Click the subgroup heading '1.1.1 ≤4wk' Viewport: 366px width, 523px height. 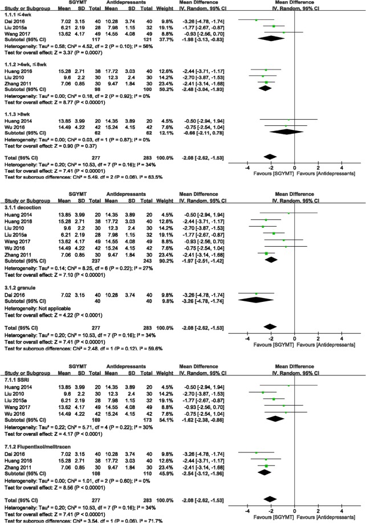(18, 14)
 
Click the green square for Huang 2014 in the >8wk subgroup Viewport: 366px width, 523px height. (288, 119)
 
